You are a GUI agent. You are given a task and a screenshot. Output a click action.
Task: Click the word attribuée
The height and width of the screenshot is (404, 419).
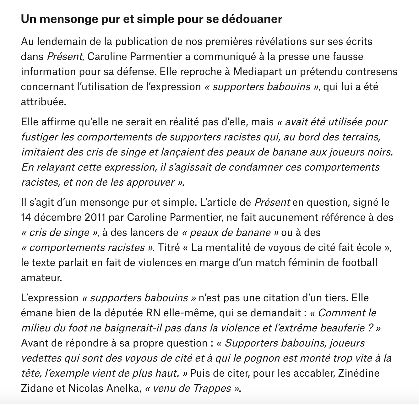44,102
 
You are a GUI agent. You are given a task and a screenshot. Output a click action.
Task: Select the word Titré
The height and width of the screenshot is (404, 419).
170,248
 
